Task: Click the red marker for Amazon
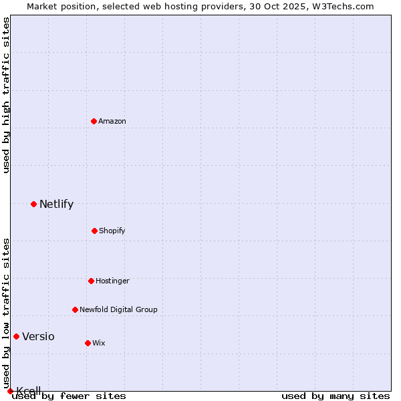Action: pyautogui.click(x=94, y=121)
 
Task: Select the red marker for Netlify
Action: pyautogui.click(x=33, y=204)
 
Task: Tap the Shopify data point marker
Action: pyautogui.click(x=94, y=231)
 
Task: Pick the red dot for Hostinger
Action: pyautogui.click(x=91, y=281)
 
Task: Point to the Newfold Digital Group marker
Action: pyautogui.click(x=75, y=309)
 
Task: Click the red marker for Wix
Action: pyautogui.click(x=88, y=343)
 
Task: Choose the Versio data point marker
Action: pyautogui.click(x=16, y=336)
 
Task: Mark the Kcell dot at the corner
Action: pyautogui.click(x=10, y=391)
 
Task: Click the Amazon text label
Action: pyautogui.click(x=112, y=121)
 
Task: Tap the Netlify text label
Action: pyautogui.click(x=56, y=204)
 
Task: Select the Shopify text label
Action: pyautogui.click(x=112, y=231)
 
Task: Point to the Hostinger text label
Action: pyautogui.click(x=112, y=281)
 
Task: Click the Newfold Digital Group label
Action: pyautogui.click(x=118, y=309)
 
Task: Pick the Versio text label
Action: pyautogui.click(x=38, y=336)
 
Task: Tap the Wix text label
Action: pyautogui.click(x=99, y=343)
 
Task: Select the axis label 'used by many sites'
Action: pyautogui.click(x=336, y=396)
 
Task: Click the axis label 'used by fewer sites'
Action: pyautogui.click(x=69, y=396)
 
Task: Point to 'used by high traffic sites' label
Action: pyautogui.click(x=6, y=95)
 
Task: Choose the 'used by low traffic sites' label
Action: pyautogui.click(x=6, y=313)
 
